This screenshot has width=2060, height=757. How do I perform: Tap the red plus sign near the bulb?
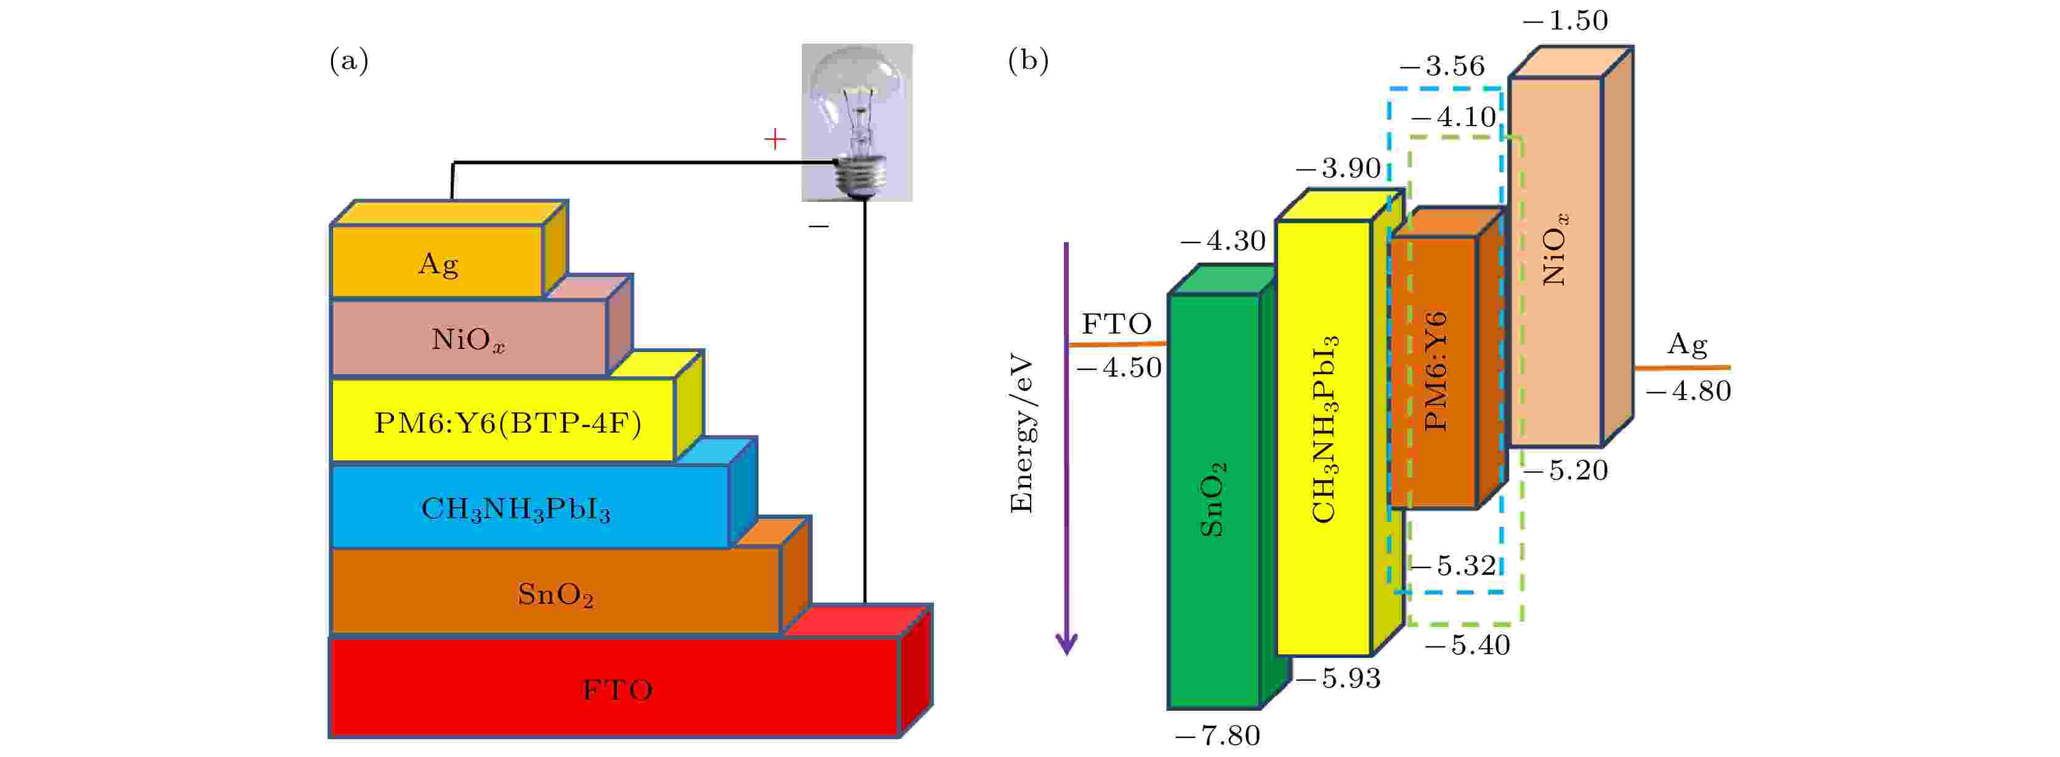click(x=774, y=140)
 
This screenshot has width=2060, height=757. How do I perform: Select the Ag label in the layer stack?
click(x=438, y=265)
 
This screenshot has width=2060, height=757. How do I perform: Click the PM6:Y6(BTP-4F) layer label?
click(x=508, y=423)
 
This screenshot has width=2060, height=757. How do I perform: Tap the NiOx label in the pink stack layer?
click(x=468, y=340)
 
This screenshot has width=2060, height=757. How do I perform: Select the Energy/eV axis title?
click(x=1023, y=433)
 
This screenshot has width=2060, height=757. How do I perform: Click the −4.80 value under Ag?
click(x=1688, y=391)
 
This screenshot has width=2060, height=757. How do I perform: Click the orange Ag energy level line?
click(x=1682, y=367)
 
